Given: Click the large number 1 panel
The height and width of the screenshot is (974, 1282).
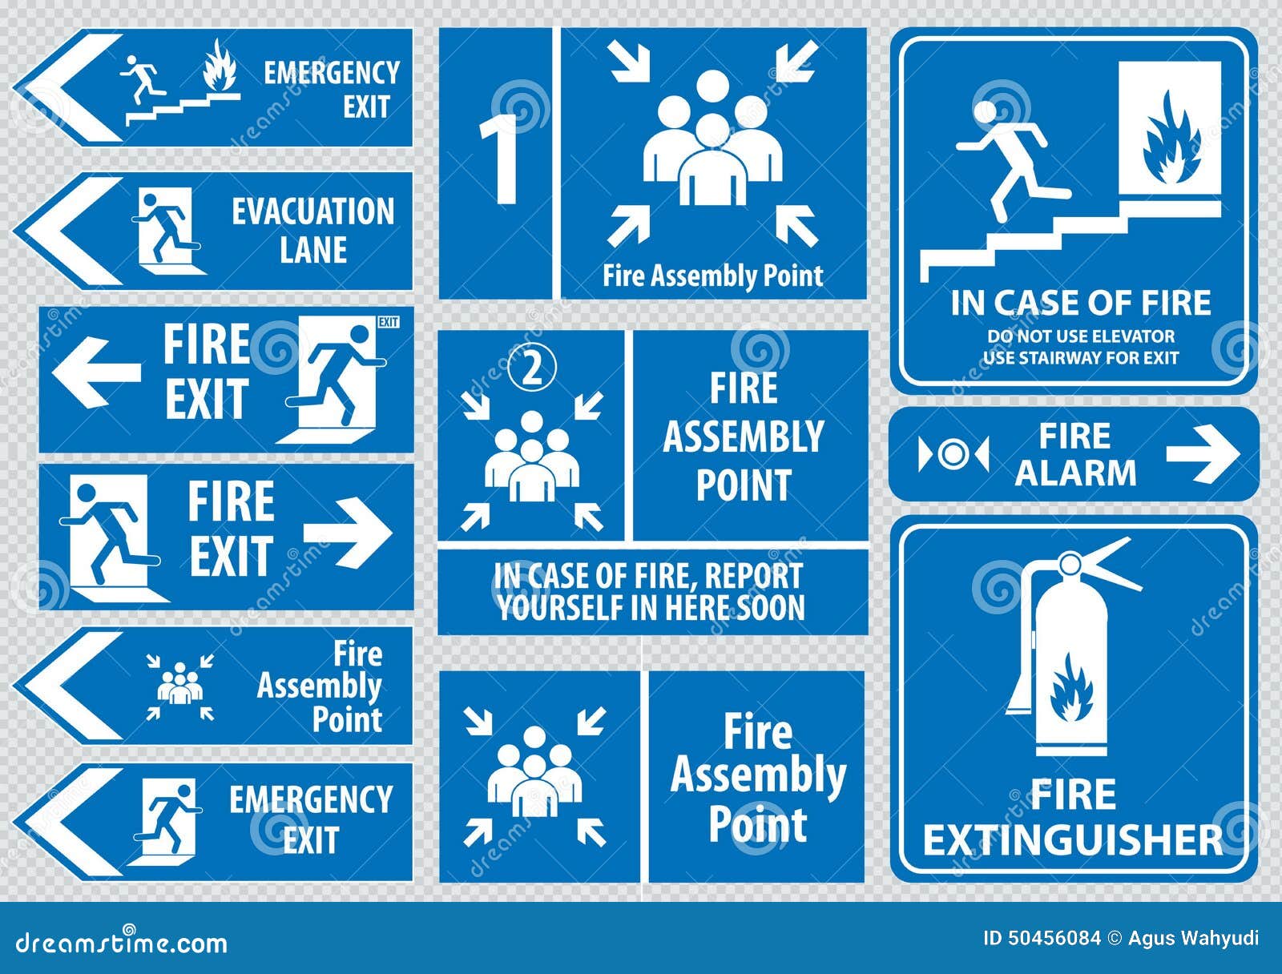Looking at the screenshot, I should point(496,163).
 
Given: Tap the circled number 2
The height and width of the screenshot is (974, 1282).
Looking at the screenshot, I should point(533,368).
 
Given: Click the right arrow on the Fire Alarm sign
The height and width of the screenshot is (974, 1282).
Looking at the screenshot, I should point(1202,453).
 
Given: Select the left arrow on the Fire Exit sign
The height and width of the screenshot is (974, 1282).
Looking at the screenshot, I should point(96,371).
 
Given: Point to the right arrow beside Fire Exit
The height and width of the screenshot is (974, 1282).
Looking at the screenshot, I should point(347,533).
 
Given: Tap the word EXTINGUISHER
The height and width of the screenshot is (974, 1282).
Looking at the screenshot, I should point(1072,840).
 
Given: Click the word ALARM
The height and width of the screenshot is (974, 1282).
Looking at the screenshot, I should point(1075,473).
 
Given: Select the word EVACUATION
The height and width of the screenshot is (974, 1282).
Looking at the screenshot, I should point(312,212).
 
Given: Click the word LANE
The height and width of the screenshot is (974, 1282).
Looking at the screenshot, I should point(313,250).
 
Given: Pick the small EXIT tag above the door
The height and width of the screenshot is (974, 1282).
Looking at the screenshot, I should point(388,322).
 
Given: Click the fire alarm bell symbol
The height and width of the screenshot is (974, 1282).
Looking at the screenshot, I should point(953,454).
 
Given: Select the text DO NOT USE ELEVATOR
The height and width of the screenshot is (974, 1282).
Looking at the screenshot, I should point(1080,336).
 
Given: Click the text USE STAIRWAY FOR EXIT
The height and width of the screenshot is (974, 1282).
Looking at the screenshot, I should point(1080,357).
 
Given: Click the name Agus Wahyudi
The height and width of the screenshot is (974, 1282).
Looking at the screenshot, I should point(1193,938).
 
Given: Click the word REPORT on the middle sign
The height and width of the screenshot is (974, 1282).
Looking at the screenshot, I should point(752,576).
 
